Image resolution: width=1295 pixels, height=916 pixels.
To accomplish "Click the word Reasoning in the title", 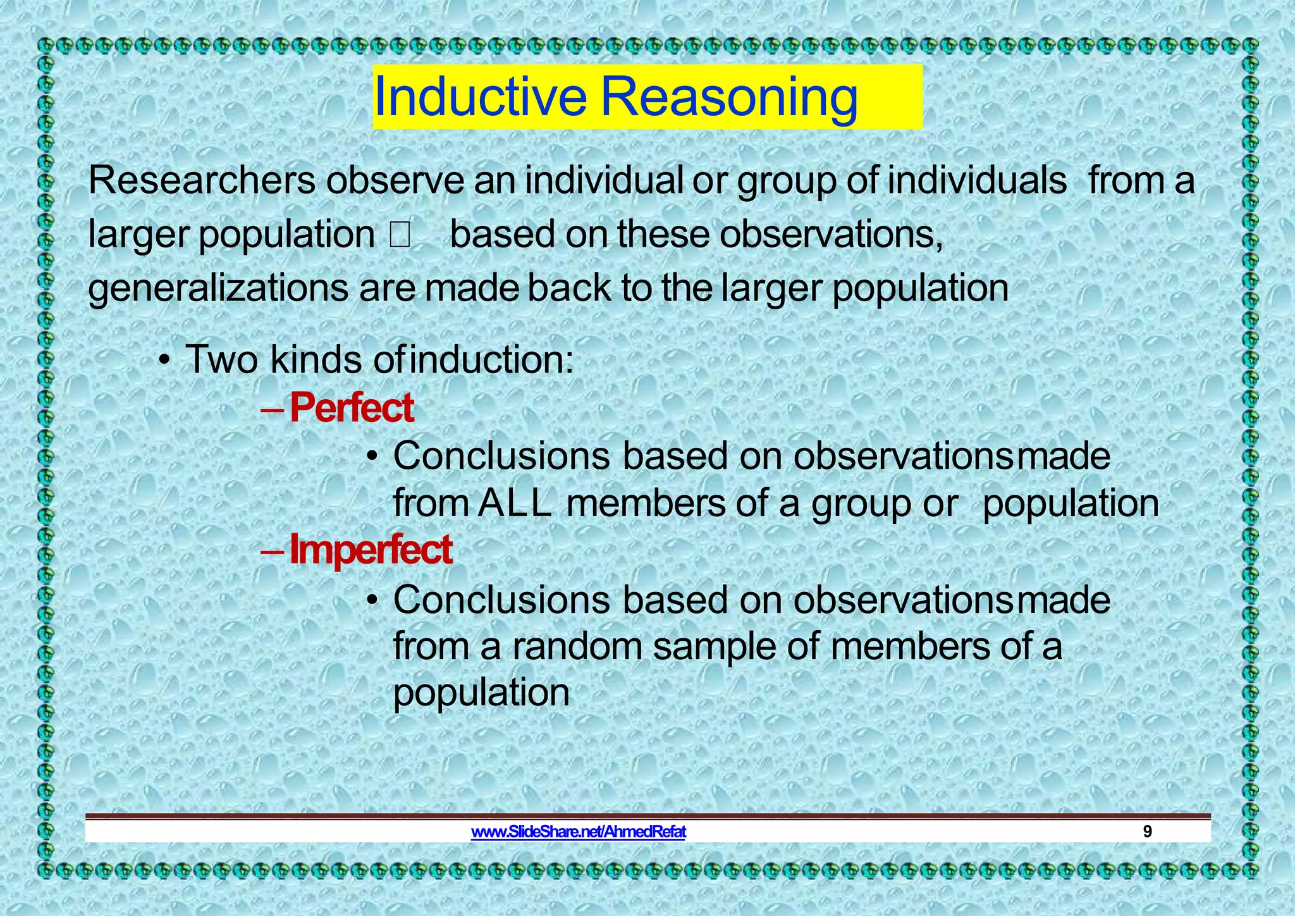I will click(728, 97).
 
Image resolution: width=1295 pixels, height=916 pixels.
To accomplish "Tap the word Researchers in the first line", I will click(202, 181).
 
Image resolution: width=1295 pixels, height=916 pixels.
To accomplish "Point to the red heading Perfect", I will click(352, 408).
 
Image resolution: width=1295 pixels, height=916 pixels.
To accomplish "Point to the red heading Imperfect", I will click(371, 550).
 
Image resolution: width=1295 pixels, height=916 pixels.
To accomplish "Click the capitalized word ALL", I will click(515, 504).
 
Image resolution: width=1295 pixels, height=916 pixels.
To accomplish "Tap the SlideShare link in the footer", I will click(578, 832).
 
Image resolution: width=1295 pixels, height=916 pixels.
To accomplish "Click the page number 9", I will click(1148, 832).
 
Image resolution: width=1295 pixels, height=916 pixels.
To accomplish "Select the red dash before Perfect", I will click(273, 409).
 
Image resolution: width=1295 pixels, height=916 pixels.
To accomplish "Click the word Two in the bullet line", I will click(221, 360).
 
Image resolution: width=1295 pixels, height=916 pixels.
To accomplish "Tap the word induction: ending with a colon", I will click(492, 360).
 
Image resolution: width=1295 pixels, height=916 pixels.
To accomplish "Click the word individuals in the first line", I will click(976, 181).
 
